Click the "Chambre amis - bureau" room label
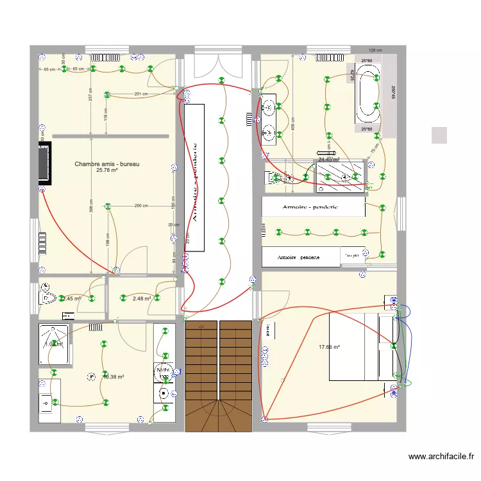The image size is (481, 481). [x=107, y=164]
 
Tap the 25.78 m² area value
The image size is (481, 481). [x=107, y=171]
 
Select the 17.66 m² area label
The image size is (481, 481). [x=329, y=348]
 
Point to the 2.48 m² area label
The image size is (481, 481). [x=142, y=298]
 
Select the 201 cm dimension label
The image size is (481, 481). [x=141, y=94]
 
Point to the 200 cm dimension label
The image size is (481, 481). [x=141, y=206]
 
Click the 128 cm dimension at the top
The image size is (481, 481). [x=375, y=50]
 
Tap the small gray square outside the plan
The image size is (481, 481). [x=439, y=135]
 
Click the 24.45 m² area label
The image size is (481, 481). [x=328, y=160]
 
